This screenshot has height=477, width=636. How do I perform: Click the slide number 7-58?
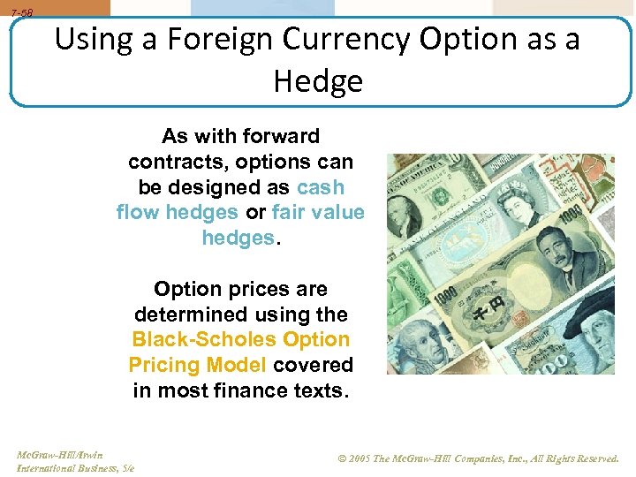[x=21, y=12]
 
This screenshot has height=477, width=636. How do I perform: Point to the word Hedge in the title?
[x=318, y=81]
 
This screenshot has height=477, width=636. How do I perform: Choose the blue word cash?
[x=321, y=188]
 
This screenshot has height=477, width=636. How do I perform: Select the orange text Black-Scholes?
[x=203, y=340]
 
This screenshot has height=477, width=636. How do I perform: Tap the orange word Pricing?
[x=164, y=365]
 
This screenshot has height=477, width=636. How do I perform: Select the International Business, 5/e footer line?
[x=74, y=467]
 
